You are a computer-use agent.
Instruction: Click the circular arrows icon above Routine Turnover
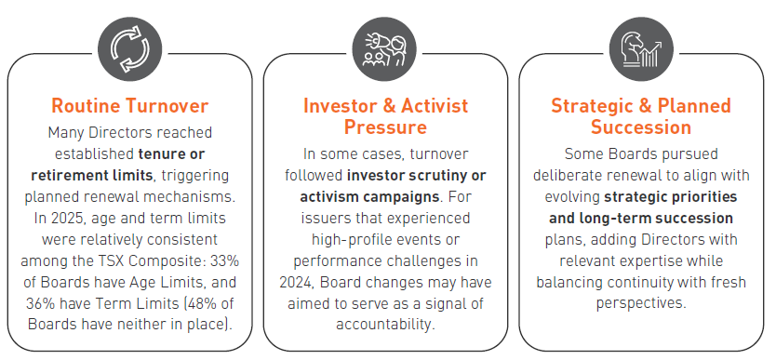129,49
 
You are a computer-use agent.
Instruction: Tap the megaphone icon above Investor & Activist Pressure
384,49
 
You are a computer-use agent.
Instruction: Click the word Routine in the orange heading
86,106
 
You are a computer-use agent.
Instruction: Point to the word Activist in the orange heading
434,106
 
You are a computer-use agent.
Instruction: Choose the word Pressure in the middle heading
385,127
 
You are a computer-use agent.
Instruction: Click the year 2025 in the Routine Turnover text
65,218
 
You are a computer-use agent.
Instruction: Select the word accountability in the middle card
385,325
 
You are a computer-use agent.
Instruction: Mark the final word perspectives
641,303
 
